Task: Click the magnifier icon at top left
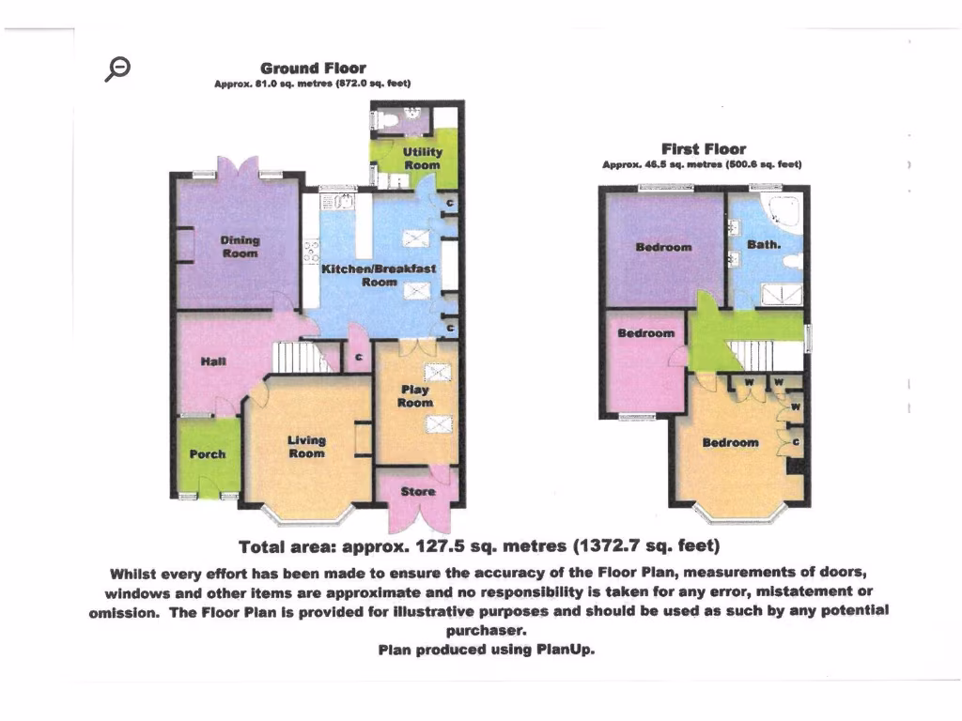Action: click(x=118, y=68)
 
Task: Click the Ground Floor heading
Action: click(x=313, y=69)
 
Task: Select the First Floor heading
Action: click(x=703, y=148)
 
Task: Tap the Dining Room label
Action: click(x=240, y=246)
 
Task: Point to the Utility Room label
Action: click(x=422, y=158)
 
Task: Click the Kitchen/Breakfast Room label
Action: click(x=379, y=274)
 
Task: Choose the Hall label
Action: click(x=212, y=360)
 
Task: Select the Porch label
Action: click(x=208, y=454)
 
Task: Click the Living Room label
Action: click(x=306, y=446)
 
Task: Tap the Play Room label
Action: click(x=414, y=396)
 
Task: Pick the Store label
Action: click(x=417, y=491)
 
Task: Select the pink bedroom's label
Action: click(x=645, y=333)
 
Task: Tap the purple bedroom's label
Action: click(x=663, y=247)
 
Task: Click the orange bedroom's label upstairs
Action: click(x=730, y=442)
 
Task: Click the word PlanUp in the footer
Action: click(x=565, y=650)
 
